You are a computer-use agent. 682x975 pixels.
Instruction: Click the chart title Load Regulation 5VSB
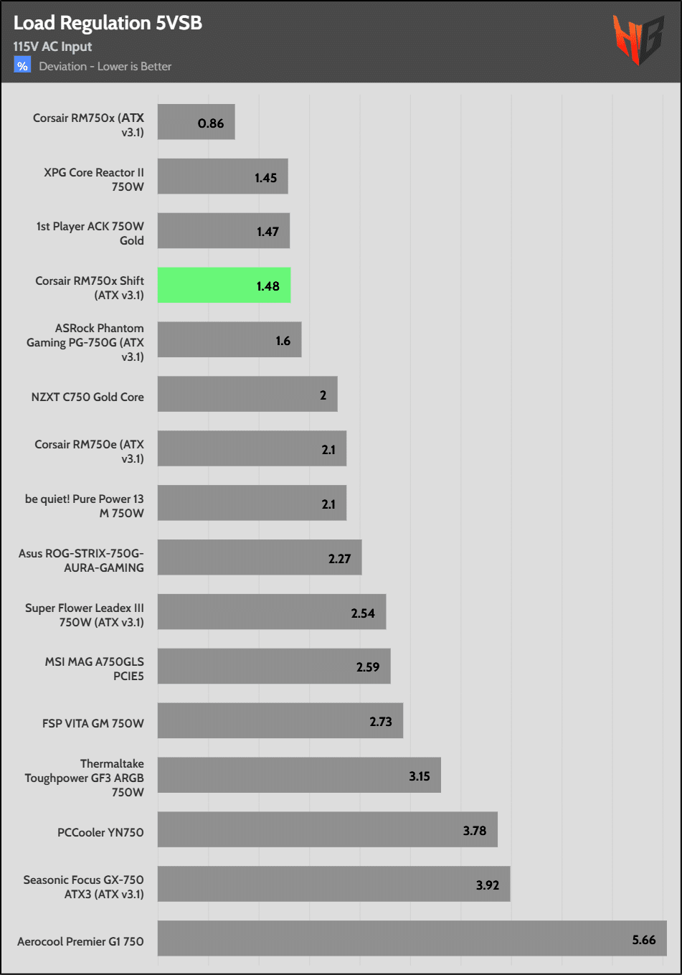tap(108, 23)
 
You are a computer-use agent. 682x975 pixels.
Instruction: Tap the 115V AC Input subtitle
tap(52, 47)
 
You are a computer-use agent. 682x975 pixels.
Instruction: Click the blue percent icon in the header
tap(22, 66)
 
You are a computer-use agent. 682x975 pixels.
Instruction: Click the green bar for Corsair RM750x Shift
tap(224, 286)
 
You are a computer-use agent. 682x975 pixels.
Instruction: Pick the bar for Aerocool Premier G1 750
tap(412, 938)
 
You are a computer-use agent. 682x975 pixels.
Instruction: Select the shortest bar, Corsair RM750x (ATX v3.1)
tap(196, 122)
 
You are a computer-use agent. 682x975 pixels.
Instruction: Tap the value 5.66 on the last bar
tap(643, 940)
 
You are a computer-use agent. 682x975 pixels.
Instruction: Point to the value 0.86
tap(211, 123)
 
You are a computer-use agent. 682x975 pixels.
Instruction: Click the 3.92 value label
tap(487, 885)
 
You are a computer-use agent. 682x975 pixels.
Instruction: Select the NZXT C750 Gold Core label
tap(87, 397)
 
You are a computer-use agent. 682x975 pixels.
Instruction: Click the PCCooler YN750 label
tap(100, 832)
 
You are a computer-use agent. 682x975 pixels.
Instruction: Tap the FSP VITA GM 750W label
tap(93, 723)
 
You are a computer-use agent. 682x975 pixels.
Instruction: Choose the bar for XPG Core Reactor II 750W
tap(222, 176)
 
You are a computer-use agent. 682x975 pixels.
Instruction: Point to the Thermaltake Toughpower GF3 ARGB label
tap(84, 778)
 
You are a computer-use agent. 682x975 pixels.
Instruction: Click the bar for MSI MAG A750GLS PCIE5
tap(274, 667)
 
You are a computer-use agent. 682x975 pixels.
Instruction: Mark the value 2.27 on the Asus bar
tap(339, 559)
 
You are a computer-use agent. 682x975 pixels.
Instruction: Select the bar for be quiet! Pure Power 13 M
tap(252, 503)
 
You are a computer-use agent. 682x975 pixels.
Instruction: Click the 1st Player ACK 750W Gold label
tap(90, 233)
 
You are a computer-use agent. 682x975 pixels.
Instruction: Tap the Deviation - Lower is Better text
tap(105, 67)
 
